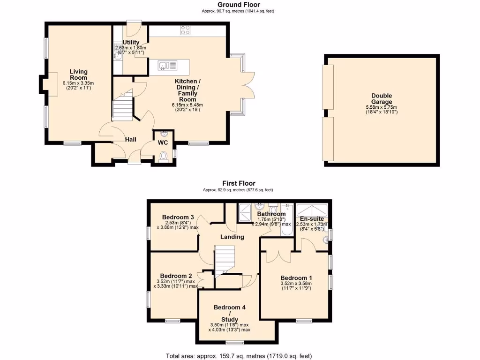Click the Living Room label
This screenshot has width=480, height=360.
click(79, 75)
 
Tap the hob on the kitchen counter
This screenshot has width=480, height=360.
click(186, 30)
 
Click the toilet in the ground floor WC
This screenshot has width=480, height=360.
click(163, 156)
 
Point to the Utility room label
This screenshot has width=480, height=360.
click(131, 42)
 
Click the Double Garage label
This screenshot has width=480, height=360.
click(382, 99)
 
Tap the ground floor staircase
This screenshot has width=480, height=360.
click(122, 107)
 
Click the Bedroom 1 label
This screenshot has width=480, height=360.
click(296, 277)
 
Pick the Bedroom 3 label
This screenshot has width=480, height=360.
click(178, 217)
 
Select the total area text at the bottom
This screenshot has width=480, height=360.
click(239, 356)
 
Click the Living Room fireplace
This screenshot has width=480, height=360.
click(49, 85)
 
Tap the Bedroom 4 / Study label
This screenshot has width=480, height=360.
click(229, 313)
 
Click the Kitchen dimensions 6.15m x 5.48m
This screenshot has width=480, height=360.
click(186, 105)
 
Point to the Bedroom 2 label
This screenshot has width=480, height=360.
click(176, 276)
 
